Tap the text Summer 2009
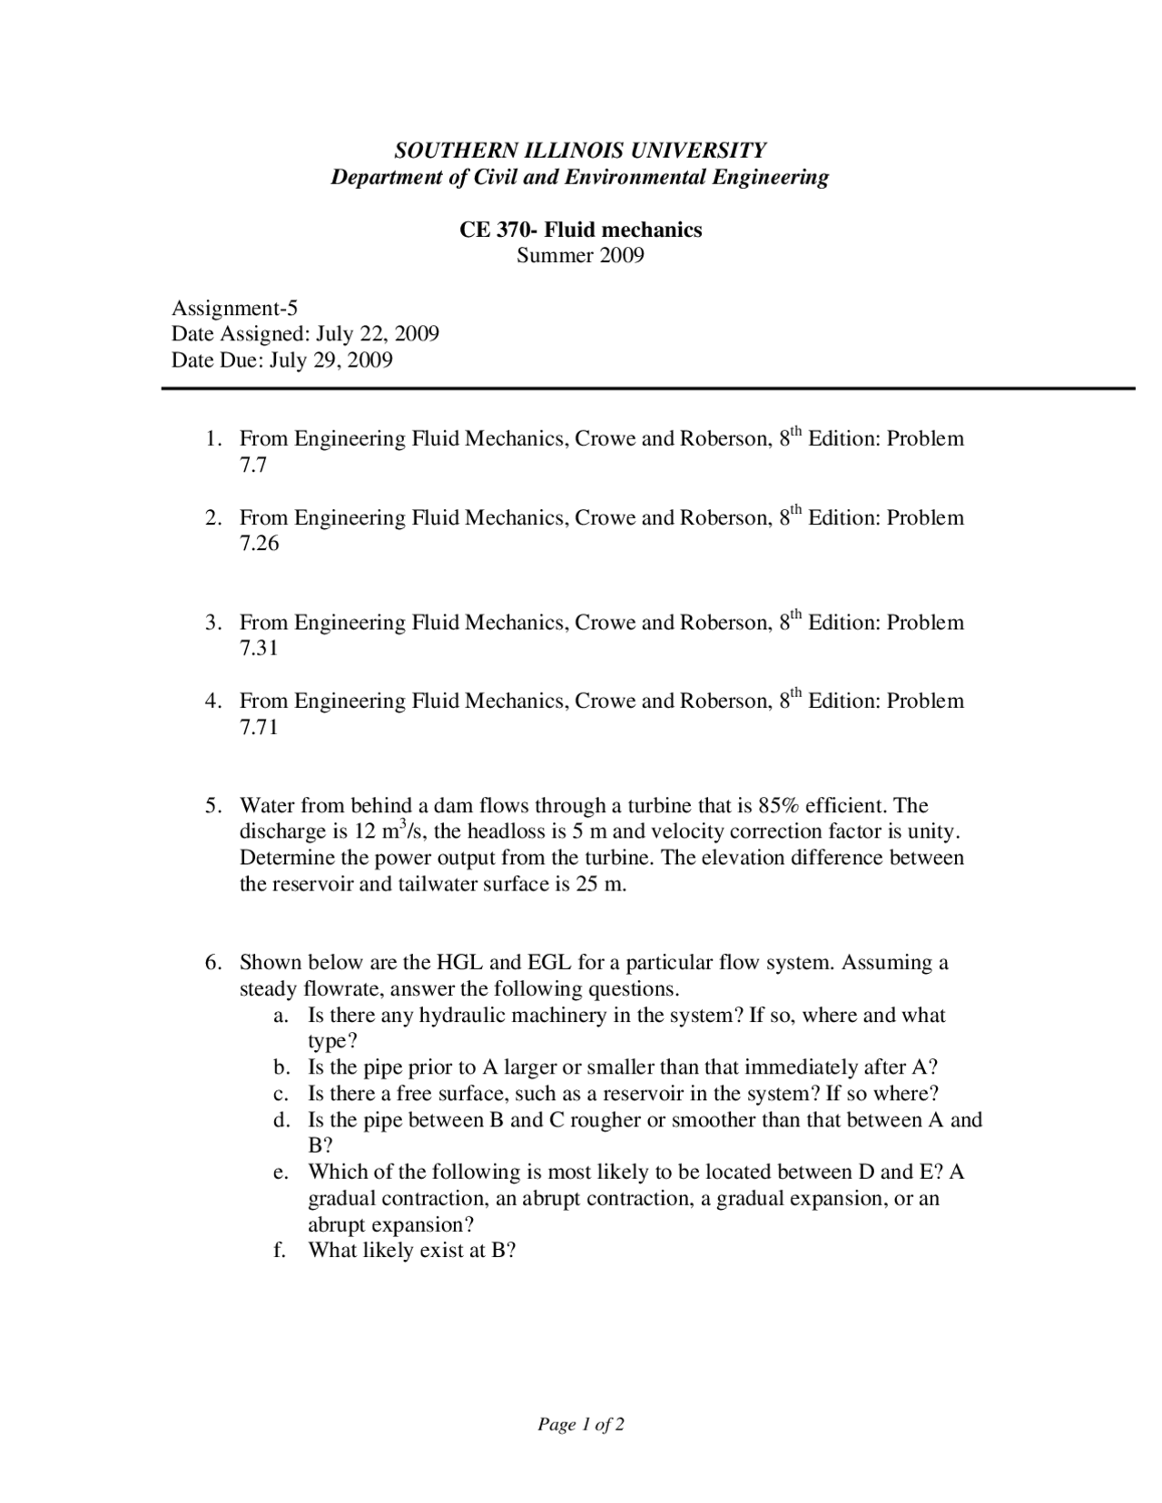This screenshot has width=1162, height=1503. pos(580,255)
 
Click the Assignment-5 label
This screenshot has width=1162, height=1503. pos(234,308)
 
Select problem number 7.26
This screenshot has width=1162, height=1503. pos(259,544)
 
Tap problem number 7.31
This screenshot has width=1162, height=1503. pos(259,648)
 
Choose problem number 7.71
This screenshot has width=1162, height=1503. pos(259,727)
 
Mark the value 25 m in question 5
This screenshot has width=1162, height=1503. pos(600,884)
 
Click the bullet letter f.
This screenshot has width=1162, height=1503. pos(280,1251)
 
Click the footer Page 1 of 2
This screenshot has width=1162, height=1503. pos(580,1425)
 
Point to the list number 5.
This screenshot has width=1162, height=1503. pos(212,806)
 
